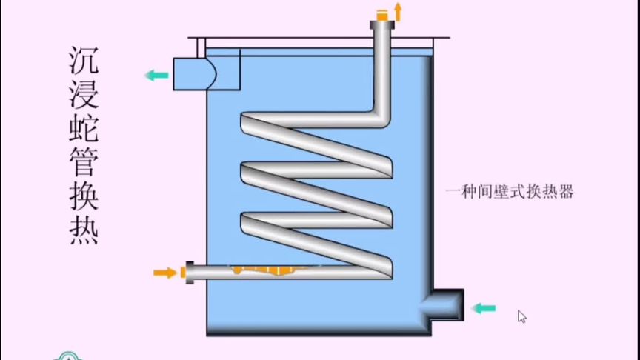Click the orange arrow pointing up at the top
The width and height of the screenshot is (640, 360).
(x=398, y=10)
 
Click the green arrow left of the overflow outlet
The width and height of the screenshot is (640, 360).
(x=156, y=74)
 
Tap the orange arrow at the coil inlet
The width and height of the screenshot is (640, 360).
(x=164, y=272)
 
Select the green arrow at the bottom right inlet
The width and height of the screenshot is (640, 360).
(x=484, y=307)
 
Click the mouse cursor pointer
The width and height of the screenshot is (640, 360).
(x=522, y=316)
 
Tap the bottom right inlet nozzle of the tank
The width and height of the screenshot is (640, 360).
(x=447, y=304)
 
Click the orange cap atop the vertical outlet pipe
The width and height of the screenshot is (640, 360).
(x=382, y=14)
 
